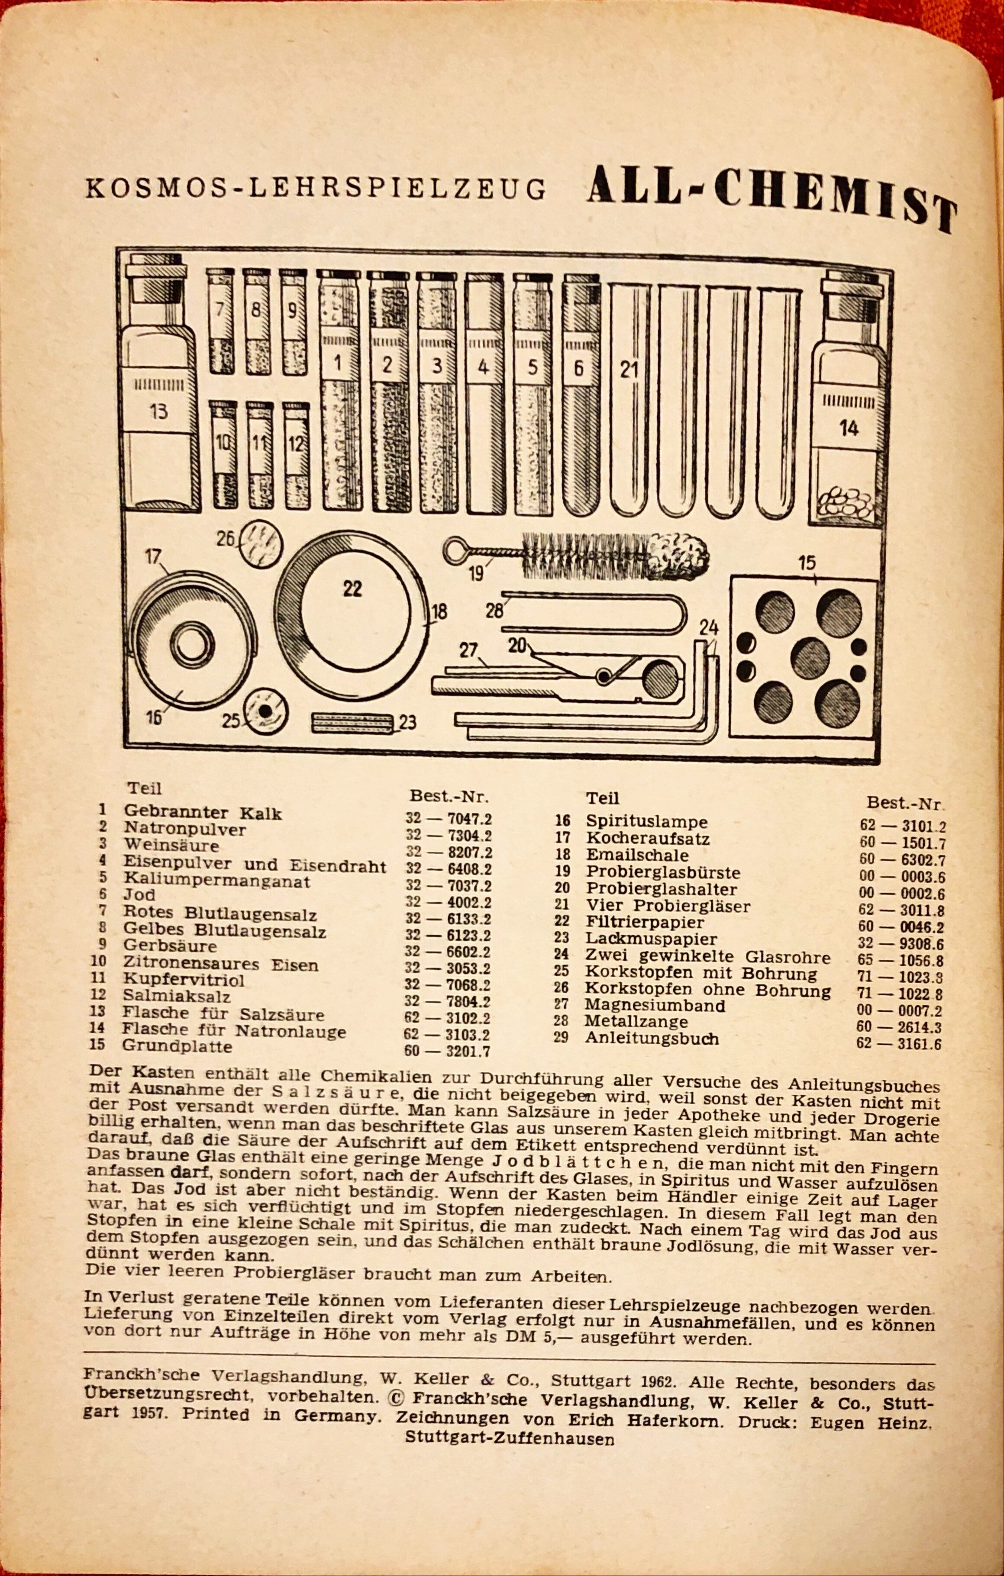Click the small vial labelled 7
221,321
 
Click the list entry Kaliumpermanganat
217,881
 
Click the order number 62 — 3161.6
898,1043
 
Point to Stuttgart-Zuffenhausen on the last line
510,1438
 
